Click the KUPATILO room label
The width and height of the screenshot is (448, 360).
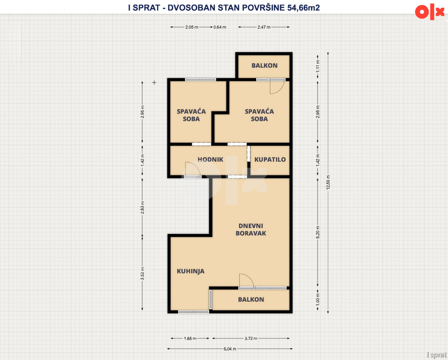270,160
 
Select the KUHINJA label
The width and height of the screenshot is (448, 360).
190,271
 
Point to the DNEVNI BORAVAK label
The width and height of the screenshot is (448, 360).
251,229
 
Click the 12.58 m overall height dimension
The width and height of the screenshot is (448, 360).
328,182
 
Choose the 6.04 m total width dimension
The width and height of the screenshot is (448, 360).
230,349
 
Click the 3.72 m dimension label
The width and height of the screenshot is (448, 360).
251,338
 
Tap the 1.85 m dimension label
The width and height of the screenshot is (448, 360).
190,338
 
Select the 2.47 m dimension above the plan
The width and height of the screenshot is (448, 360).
264,27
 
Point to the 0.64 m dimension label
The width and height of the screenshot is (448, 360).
220,27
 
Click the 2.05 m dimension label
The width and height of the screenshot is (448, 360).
192,27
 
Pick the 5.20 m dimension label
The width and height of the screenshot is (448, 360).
318,232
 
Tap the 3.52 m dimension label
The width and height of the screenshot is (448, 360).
142,274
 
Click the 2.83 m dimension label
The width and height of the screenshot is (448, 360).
142,208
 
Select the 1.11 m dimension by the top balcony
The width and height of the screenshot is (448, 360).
318,66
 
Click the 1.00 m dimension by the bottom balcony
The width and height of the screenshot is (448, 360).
318,299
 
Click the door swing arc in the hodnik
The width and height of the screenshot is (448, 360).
196,166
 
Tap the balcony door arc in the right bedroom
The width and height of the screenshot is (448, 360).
280,90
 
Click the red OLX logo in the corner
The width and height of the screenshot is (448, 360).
429,12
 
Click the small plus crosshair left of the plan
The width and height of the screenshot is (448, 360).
154,83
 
